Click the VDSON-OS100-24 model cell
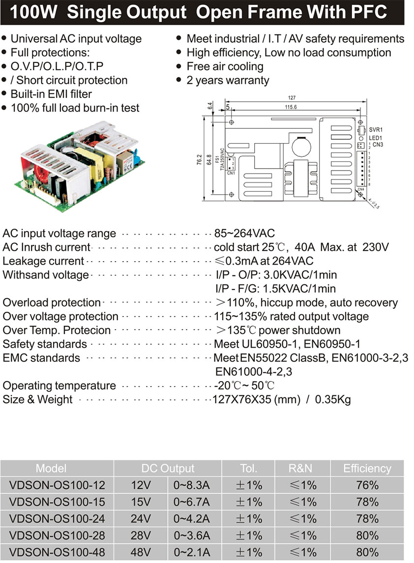(57, 519)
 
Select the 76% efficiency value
(367, 485)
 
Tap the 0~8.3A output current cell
(192, 485)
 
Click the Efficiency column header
(367, 468)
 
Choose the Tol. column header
(248, 468)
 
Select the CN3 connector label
(378, 145)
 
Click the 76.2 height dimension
(200, 160)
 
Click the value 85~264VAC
(244, 234)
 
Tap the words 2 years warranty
(228, 80)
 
